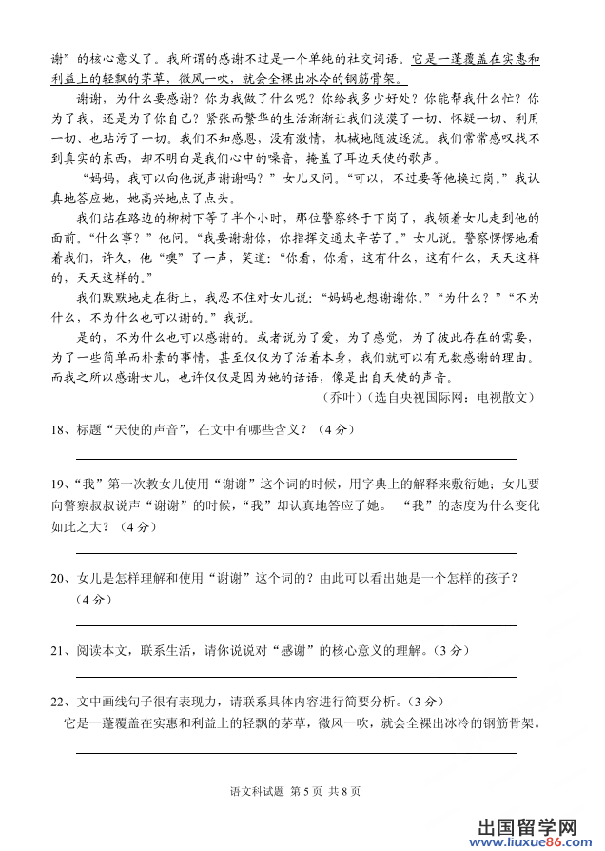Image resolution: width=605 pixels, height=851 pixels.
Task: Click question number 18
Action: pos(59,429)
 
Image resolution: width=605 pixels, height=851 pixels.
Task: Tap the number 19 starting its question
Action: pos(59,482)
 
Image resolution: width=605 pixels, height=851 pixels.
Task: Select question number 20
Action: pos(59,577)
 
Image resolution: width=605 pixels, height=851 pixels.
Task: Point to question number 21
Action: pos(59,650)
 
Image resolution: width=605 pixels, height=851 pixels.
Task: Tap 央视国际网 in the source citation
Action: pos(435,396)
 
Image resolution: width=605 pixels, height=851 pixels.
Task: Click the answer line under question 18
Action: pos(295,459)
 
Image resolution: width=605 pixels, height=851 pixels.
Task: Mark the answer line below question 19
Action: pos(295,552)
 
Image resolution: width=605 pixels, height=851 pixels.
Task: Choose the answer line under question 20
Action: pos(295,625)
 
